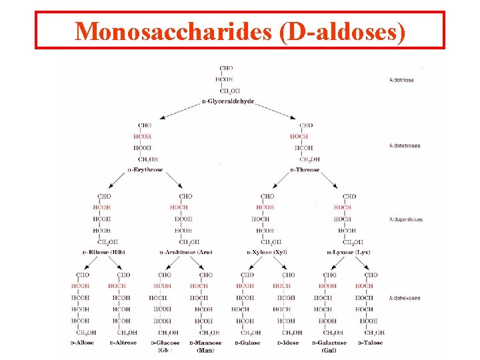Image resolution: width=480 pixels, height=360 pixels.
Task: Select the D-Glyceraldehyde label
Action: point(228,101)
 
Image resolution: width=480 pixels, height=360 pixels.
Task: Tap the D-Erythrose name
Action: point(145,170)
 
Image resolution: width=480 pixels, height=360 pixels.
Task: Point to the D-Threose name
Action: point(305,170)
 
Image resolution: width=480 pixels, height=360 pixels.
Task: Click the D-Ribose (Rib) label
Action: point(104,252)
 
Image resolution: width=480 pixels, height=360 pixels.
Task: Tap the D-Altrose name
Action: point(123,343)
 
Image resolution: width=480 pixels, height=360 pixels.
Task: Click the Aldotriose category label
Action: point(401,80)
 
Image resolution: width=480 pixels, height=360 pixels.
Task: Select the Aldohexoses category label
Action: point(404,298)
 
